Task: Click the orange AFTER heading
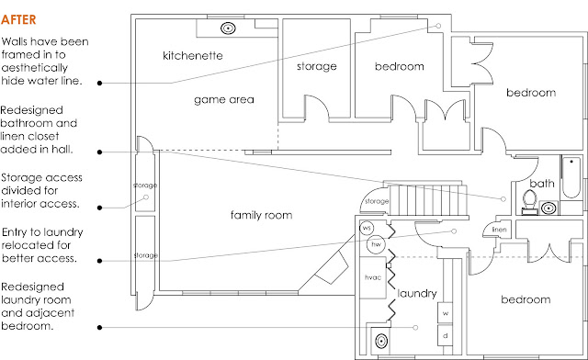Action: [x=18, y=19]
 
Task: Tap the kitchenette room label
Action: [x=193, y=56]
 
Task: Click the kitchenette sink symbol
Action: [x=228, y=28]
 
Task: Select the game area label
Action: [x=224, y=100]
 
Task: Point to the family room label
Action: [x=261, y=215]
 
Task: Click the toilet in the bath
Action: [x=529, y=202]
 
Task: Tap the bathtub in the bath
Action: [x=571, y=177]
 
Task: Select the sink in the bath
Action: [x=548, y=208]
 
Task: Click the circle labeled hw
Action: [x=376, y=244]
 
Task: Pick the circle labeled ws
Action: [x=367, y=228]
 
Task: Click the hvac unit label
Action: [x=373, y=277]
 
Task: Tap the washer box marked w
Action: [x=445, y=313]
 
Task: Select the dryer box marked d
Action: [x=445, y=335]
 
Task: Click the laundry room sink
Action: [x=381, y=342]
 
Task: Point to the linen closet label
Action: [x=499, y=229]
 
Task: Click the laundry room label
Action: [x=417, y=293]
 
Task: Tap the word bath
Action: [x=542, y=184]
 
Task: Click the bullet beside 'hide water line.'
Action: [x=100, y=83]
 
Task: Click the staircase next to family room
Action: [x=427, y=200]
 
